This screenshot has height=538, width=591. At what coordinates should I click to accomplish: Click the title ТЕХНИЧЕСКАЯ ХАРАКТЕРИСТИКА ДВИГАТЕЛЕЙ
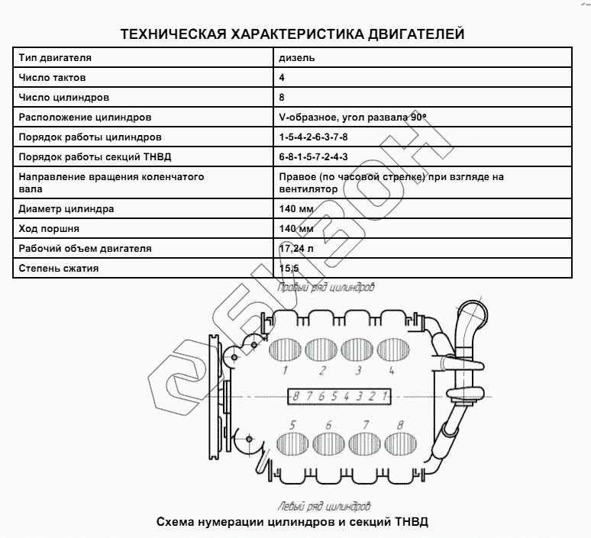click(292, 34)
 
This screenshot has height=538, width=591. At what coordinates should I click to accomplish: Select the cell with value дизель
click(297, 58)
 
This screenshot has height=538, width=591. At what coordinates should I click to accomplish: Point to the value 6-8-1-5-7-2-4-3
click(314, 157)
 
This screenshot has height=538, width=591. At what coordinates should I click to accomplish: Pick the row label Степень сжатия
click(59, 269)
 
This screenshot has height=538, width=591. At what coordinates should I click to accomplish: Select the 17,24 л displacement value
click(297, 249)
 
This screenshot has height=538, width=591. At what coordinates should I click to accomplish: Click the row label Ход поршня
click(50, 229)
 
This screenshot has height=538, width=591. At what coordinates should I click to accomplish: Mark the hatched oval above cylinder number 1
click(286, 348)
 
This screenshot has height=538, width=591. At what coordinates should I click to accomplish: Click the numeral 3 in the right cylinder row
click(357, 372)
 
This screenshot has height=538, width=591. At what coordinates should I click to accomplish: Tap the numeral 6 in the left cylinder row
click(328, 424)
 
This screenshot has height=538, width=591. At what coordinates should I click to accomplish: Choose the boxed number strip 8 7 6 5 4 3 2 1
click(340, 396)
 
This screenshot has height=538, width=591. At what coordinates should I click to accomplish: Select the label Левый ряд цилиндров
click(323, 506)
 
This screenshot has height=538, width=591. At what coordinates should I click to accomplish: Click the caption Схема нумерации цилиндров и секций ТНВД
click(292, 523)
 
